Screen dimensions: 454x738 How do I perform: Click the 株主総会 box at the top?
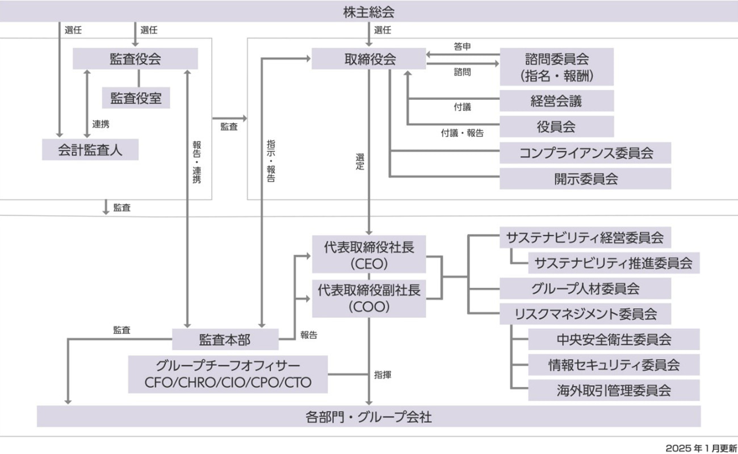[369, 11]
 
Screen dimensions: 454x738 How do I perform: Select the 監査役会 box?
[135, 59]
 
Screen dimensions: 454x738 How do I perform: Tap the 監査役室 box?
[136, 98]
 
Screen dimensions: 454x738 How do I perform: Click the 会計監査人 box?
[90, 150]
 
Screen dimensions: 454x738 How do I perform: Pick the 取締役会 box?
[369, 59]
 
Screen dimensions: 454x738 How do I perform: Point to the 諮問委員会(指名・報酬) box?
[556, 66]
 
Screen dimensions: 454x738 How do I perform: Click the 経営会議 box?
[556, 101]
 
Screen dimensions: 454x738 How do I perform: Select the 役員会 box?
[556, 127]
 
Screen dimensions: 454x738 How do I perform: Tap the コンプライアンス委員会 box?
[585, 153]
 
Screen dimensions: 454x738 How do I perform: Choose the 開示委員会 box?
[585, 179]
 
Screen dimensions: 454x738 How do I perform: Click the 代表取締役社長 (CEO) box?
[369, 255]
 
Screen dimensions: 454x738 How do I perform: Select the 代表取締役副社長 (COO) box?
[369, 298]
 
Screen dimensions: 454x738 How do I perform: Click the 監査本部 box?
[225, 339]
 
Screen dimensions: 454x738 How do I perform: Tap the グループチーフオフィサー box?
[228, 374]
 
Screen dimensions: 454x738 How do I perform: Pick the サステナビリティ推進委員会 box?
[614, 263]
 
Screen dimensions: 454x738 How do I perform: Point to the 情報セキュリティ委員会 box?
[614, 364]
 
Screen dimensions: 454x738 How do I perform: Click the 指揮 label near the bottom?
[382, 375]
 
